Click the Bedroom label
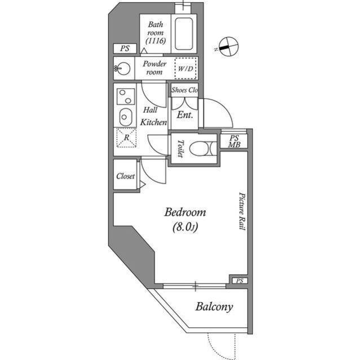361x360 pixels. pos(184,213)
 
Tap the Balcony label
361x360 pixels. pos(214,307)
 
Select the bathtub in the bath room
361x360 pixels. pos(185,35)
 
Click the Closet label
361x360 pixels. pos(125,176)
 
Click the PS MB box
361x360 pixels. pos(234,141)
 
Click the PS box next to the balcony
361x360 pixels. pos(239,281)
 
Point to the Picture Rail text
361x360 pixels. pos(240,210)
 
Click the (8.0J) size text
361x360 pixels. pos(184,227)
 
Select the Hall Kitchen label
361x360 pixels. pos(153,116)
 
